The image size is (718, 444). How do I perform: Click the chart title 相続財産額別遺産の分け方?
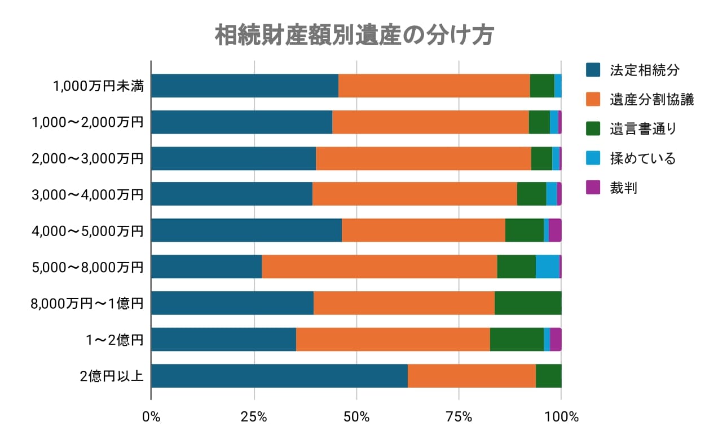pyautogui.click(x=355, y=35)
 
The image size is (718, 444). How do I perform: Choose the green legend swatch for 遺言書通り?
pyautogui.click(x=593, y=129)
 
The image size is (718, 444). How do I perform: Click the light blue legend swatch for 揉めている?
pyautogui.click(x=593, y=158)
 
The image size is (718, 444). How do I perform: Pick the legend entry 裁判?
pyautogui.click(x=623, y=188)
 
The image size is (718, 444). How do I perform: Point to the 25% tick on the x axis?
pyautogui.click(x=254, y=417)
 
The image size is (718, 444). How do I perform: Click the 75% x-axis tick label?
pyautogui.click(x=459, y=417)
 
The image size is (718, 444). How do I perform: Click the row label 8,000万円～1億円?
pyautogui.click(x=87, y=304)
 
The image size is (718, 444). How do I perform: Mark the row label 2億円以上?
pyautogui.click(x=112, y=376)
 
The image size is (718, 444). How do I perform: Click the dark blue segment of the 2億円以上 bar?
pyautogui.click(x=279, y=376)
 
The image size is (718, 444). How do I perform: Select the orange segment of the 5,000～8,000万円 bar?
pyautogui.click(x=379, y=267)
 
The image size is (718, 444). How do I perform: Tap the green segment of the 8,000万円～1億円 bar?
pyautogui.click(x=528, y=304)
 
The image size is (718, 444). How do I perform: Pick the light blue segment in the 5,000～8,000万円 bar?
pyautogui.click(x=547, y=267)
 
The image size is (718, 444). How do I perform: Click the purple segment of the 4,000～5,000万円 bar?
pyautogui.click(x=555, y=230)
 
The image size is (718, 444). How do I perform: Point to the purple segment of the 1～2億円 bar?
pyautogui.click(x=556, y=340)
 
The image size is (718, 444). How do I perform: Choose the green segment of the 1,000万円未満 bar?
pyautogui.click(x=542, y=86)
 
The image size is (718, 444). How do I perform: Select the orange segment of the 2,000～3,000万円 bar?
pyautogui.click(x=424, y=159)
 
